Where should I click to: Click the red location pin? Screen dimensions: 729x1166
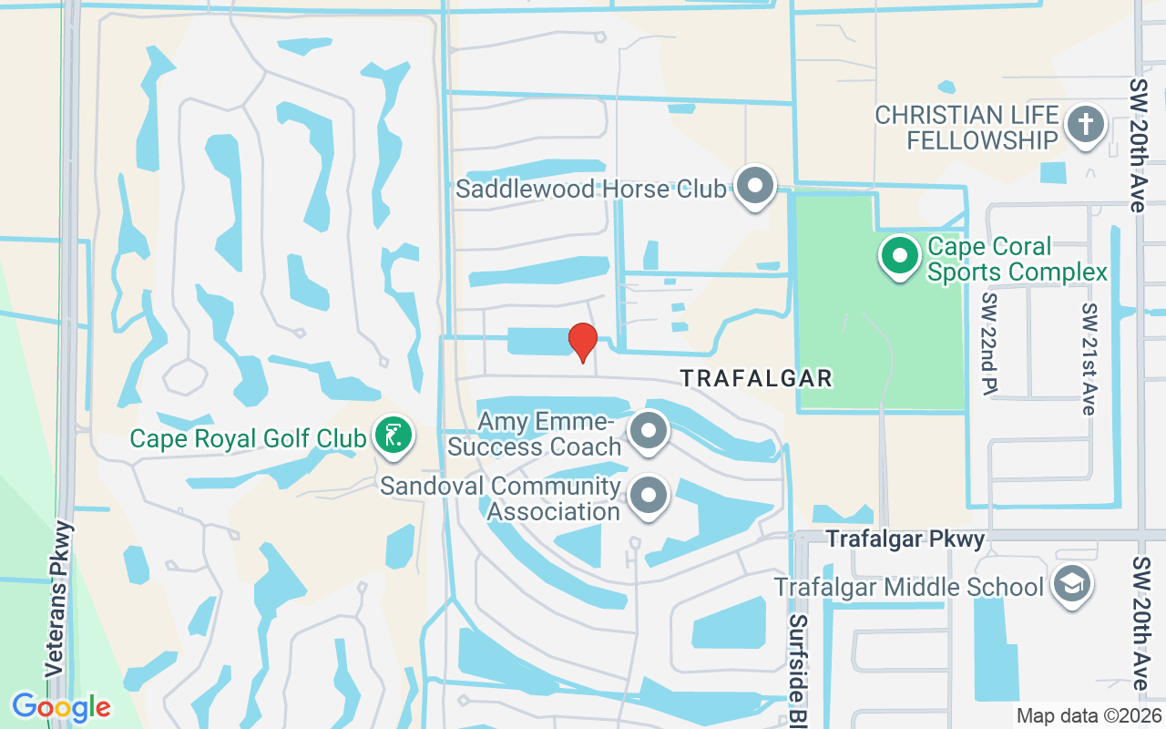pyautogui.click(x=583, y=342)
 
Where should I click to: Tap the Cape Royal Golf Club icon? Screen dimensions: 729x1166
pyautogui.click(x=392, y=436)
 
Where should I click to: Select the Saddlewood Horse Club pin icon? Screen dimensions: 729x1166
pyautogui.click(x=754, y=187)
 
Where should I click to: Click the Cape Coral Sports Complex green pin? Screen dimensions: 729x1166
pyautogui.click(x=900, y=256)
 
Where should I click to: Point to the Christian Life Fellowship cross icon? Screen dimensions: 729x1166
pyautogui.click(x=1085, y=125)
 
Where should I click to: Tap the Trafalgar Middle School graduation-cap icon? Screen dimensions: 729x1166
pyautogui.click(x=1070, y=585)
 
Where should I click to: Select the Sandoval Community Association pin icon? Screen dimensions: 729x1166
pyautogui.click(x=649, y=497)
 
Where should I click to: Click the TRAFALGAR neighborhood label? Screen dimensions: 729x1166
pyautogui.click(x=756, y=378)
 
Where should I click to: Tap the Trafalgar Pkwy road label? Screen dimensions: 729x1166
pyautogui.click(x=905, y=539)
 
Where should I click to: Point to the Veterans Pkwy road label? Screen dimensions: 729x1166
pyautogui.click(x=56, y=598)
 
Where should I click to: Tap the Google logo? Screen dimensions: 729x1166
pyautogui.click(x=61, y=707)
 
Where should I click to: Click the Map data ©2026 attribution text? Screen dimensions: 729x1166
pyautogui.click(x=1088, y=715)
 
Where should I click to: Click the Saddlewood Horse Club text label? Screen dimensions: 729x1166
pyautogui.click(x=591, y=189)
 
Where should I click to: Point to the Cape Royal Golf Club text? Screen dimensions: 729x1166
pyautogui.click(x=248, y=438)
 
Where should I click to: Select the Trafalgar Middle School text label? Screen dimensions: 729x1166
pyautogui.click(x=908, y=587)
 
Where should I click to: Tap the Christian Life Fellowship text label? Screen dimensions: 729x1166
pyautogui.click(x=967, y=128)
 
